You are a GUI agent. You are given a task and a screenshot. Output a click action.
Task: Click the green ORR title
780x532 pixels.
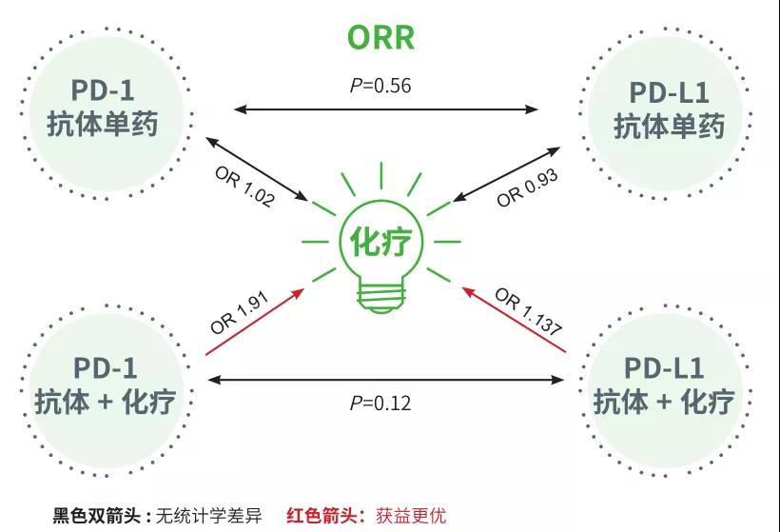pos(380,37)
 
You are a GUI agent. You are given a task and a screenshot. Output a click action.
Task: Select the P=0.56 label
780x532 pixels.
pos(380,86)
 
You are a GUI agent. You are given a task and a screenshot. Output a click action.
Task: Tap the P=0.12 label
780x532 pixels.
pos(380,403)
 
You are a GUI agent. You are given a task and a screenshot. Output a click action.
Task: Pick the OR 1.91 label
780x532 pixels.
pos(240,311)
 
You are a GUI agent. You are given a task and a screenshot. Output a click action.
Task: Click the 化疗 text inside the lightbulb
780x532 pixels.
pos(380,241)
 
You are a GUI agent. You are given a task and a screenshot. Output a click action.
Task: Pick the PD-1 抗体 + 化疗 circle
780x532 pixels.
pos(104,384)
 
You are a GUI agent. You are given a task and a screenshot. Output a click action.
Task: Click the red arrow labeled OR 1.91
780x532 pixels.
pos(255,321)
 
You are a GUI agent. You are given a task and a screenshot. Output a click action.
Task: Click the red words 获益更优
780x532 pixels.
pos(411,516)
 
